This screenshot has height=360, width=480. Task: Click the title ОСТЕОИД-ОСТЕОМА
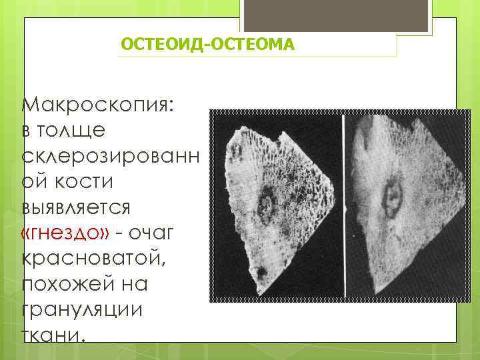pyautogui.click(x=207, y=45)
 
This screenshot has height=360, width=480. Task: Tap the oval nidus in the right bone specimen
pyautogui.click(x=391, y=195)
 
